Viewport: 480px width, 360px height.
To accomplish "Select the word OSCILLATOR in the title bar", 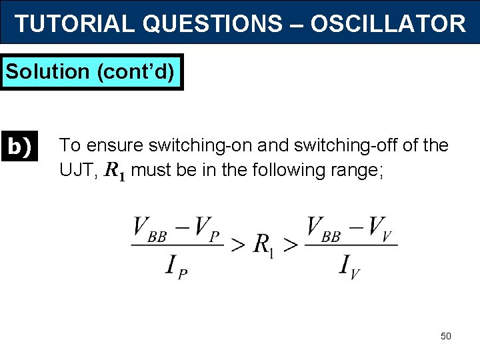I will click(x=387, y=24).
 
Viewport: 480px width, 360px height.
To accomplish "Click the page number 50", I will click(x=446, y=336).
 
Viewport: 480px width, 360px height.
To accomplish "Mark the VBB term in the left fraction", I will click(x=150, y=229).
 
